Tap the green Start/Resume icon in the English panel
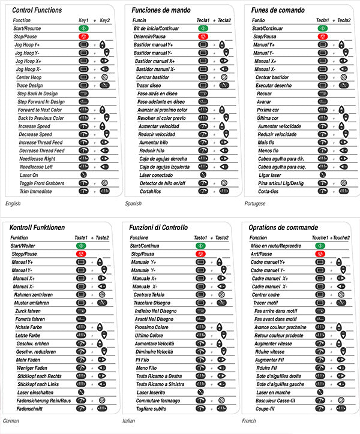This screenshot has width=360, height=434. pyautogui.click(x=83, y=28)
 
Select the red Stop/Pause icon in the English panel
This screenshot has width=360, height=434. pyautogui.click(x=83, y=37)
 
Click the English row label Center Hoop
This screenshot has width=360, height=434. pyautogui.click(x=30, y=77)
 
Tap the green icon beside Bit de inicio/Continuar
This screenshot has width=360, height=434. pyautogui.click(x=203, y=28)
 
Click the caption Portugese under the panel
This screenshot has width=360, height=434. pyautogui.click(x=256, y=204)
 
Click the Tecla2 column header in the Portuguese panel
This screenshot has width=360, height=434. pyautogui.click(x=344, y=20)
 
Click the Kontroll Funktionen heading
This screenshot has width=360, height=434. pyautogui.click(x=38, y=227)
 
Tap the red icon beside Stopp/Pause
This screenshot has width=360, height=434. pyautogui.click(x=83, y=254)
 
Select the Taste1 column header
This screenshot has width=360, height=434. pyautogui.click(x=82, y=237)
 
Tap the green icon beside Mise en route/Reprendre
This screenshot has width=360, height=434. pyautogui.click(x=320, y=246)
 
